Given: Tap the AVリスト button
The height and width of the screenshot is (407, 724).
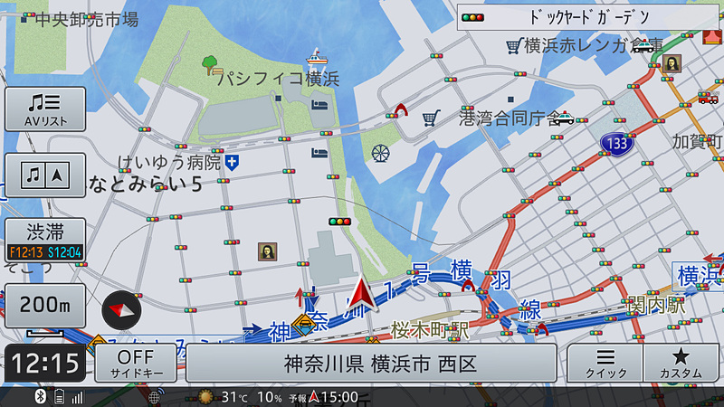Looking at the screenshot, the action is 45,109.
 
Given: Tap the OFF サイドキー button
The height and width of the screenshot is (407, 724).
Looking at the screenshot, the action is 136,363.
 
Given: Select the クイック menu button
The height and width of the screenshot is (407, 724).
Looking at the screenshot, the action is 605,363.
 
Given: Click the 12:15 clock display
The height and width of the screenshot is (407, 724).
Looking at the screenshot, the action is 46,364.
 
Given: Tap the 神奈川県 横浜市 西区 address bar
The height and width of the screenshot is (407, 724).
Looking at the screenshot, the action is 371,364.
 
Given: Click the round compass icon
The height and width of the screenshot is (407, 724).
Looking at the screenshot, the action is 122,310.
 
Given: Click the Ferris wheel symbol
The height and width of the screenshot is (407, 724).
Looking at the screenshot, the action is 381,154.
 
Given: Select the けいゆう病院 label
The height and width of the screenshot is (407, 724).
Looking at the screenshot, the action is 170,163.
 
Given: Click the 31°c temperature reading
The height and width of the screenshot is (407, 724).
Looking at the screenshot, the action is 234,397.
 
